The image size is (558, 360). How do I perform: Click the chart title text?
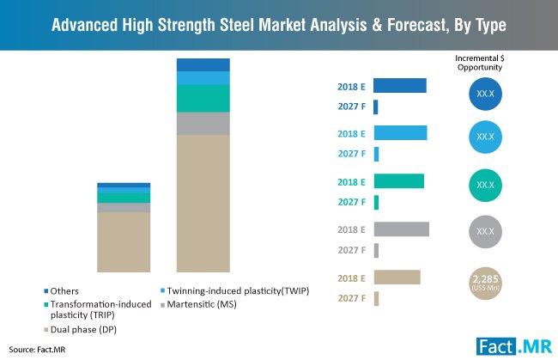point(278,23)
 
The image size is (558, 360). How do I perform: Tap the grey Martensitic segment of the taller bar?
point(203,124)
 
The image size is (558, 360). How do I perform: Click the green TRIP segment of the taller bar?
point(203,98)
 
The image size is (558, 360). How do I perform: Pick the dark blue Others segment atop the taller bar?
point(203,64)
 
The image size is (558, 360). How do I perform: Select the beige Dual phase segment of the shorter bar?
point(124,241)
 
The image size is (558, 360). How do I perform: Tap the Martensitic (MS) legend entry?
point(198,304)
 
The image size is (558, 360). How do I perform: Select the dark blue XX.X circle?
point(485,93)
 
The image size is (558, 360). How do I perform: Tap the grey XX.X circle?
point(485,232)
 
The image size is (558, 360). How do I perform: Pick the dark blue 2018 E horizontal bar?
point(400,85)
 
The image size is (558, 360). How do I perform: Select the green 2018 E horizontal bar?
point(399,181)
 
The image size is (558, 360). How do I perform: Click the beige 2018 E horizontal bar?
point(397,277)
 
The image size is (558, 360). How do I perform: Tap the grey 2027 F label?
point(352,250)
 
